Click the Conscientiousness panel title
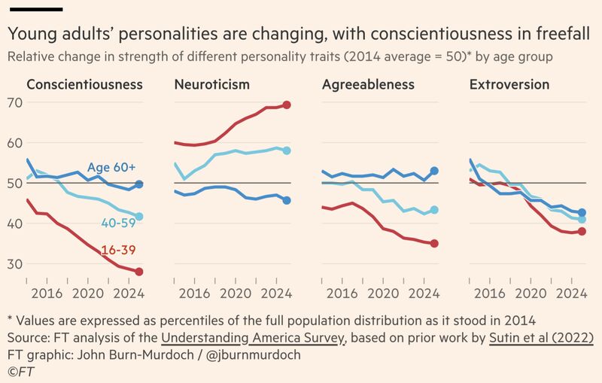[84, 84]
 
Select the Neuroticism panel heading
[211, 84]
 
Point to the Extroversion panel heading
[509, 84]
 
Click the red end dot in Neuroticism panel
[287, 105]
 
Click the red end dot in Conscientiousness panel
[139, 272]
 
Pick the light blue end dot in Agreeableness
[434, 210]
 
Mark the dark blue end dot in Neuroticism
[287, 200]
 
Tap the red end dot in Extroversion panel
[582, 231]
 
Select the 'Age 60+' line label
[111, 167]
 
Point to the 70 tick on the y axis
[14, 102]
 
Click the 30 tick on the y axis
[14, 263]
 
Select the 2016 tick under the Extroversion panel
[491, 293]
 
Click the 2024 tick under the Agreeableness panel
[425, 293]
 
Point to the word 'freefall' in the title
[563, 35]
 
